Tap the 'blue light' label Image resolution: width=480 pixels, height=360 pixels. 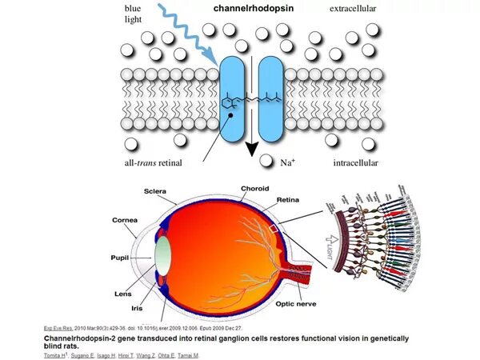click(134, 14)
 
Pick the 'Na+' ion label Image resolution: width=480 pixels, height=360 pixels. click(290, 162)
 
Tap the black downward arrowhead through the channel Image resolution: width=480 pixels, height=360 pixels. click(251, 149)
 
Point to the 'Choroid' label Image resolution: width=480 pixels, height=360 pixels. click(255, 189)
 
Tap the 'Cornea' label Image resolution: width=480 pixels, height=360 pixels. click(125, 220)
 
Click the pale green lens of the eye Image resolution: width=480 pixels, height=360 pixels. click(163, 254)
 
